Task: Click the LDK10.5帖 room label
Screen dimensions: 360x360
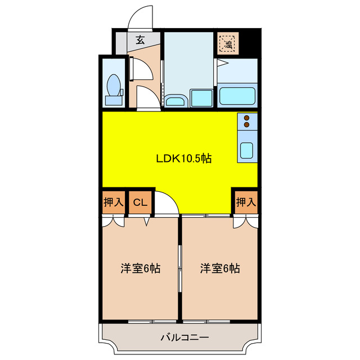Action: pyautogui.click(x=183, y=159)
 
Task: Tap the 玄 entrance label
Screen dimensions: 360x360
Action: pyautogui.click(x=139, y=40)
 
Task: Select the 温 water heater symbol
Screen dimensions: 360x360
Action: pyautogui.click(x=229, y=42)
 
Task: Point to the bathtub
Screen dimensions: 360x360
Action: pyautogui.click(x=238, y=95)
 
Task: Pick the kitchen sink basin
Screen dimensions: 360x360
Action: pyautogui.click(x=247, y=150)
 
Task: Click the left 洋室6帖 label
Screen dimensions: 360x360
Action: pyautogui.click(x=140, y=268)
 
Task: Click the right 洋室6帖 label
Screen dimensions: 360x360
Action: pyautogui.click(x=220, y=268)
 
